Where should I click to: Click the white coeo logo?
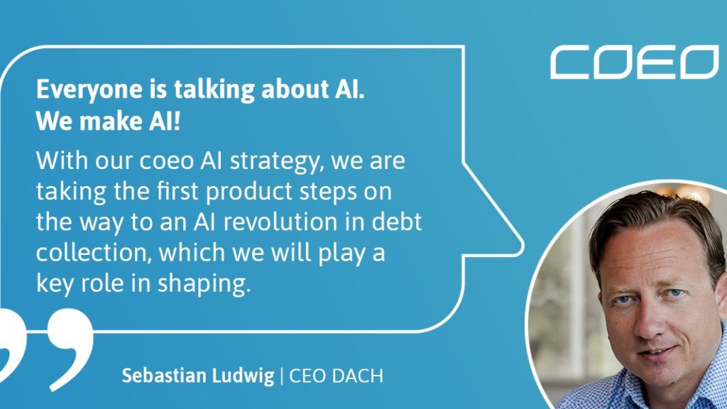point(634,62)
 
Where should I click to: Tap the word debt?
point(397,222)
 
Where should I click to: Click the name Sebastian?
point(165,376)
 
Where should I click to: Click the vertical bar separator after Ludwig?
point(282,376)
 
